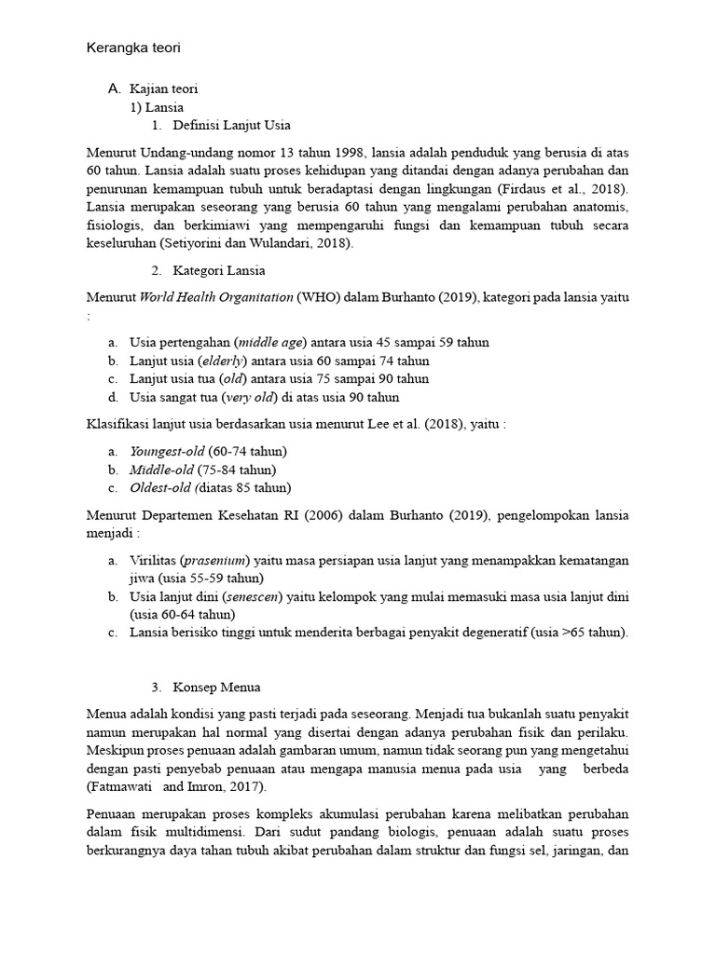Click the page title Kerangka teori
pyautogui.click(x=139, y=48)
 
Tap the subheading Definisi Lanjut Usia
pyautogui.click(x=238, y=126)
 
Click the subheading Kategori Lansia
pyautogui.click(x=219, y=271)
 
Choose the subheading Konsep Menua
pyautogui.click(x=217, y=688)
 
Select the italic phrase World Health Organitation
pyautogui.click(x=216, y=298)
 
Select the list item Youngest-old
pyautogui.click(x=167, y=451)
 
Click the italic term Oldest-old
pyautogui.click(x=160, y=487)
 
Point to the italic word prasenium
pyautogui.click(x=213, y=560)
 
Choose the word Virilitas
pyautogui.click(x=152, y=560)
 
